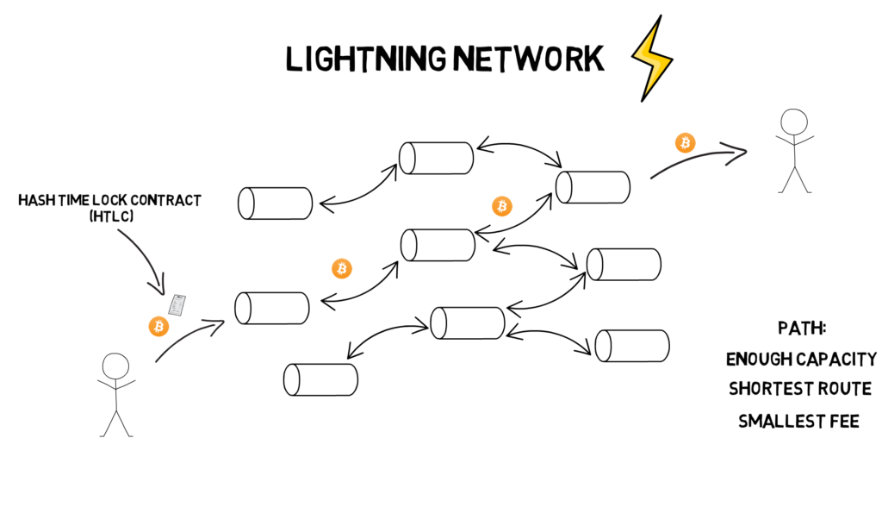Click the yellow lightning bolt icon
[x=652, y=59]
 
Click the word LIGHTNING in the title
[x=366, y=59]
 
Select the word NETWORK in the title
[x=529, y=59]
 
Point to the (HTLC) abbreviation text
[x=111, y=216]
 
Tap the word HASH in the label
[x=33, y=200]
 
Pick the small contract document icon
[x=177, y=304]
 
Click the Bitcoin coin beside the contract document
[x=158, y=327]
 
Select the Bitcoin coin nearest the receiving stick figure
[x=685, y=143]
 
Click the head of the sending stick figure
[x=115, y=366]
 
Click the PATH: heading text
[x=802, y=328]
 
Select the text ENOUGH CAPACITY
[x=801, y=359]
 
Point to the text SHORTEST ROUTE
[x=800, y=389]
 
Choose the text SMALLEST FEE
[x=798, y=421]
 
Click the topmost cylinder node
[x=437, y=159]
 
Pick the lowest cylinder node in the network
[x=320, y=379]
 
